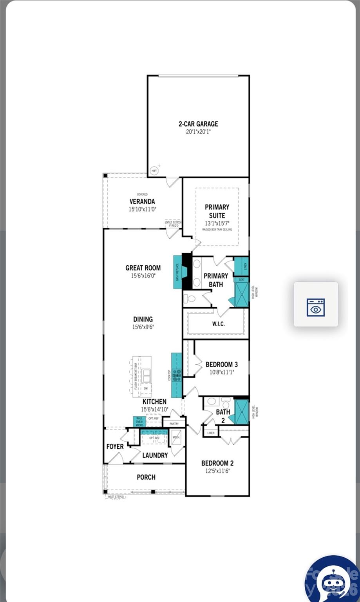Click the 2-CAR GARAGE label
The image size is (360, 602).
click(198, 124)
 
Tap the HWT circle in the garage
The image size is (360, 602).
click(154, 171)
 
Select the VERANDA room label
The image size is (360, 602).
click(142, 201)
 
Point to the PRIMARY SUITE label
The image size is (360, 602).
click(217, 211)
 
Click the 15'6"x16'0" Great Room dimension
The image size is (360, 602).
click(143, 276)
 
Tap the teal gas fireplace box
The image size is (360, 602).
click(177, 272)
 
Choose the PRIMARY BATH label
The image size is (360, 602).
click(215, 280)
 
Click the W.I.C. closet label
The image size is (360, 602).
click(218, 324)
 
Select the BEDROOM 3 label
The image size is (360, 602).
click(221, 364)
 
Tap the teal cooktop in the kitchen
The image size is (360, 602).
click(177, 375)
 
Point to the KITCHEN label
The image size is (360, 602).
click(154, 402)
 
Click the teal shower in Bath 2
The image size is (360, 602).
click(241, 412)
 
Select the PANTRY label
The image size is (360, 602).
click(174, 424)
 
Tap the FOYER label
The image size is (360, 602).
click(115, 446)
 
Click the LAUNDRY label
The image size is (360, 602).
click(155, 455)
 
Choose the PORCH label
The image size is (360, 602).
click(146, 477)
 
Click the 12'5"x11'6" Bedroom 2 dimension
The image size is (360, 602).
click(217, 471)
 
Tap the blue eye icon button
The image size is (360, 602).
click(316, 307)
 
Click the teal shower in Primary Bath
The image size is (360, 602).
click(241, 294)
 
